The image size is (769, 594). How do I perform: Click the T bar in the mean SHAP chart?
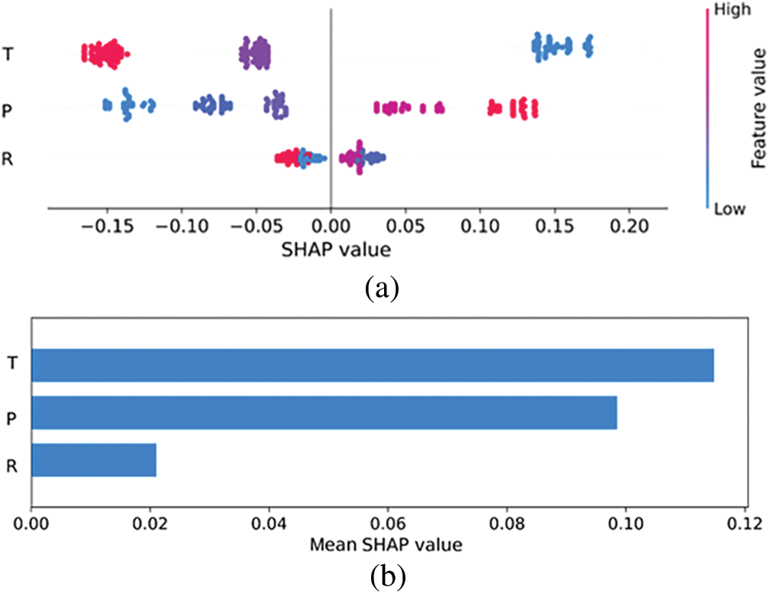(373, 365)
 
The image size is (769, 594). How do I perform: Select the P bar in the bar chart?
(324, 413)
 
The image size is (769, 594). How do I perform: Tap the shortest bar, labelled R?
(93, 460)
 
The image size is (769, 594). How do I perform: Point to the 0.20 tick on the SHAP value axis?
(629, 229)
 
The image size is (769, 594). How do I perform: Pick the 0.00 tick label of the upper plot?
(331, 229)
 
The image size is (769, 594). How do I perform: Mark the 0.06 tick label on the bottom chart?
(388, 525)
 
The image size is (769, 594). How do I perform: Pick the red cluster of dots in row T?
(104, 53)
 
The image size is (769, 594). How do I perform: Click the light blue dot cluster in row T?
(562, 47)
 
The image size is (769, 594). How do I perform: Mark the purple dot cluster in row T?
(256, 53)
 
